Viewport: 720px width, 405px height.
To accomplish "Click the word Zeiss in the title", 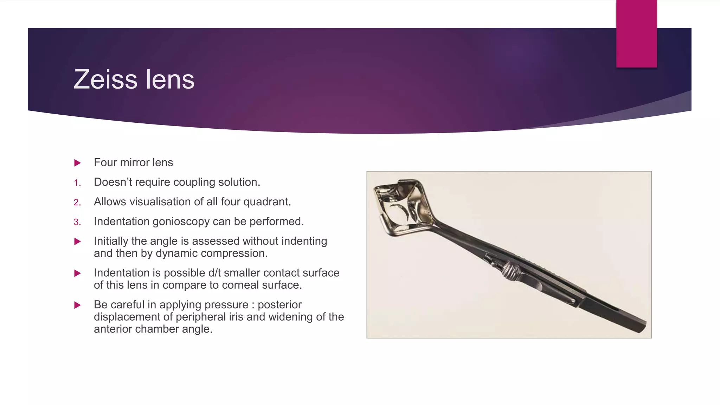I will (x=105, y=79).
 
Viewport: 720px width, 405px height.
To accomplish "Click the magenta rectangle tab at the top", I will (x=636, y=34).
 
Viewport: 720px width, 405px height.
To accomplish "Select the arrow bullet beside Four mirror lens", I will (x=78, y=163).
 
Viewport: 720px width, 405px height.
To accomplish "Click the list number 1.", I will (x=77, y=183).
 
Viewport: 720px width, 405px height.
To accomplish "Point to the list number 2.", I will (x=77, y=202).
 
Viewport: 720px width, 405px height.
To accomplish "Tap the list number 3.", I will (x=77, y=222).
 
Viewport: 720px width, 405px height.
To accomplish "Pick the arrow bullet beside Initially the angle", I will (x=78, y=242).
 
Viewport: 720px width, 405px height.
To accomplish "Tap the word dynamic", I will (x=176, y=253).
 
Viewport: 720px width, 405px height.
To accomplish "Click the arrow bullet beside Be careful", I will (x=78, y=305).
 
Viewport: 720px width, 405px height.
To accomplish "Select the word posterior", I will (x=279, y=304).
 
